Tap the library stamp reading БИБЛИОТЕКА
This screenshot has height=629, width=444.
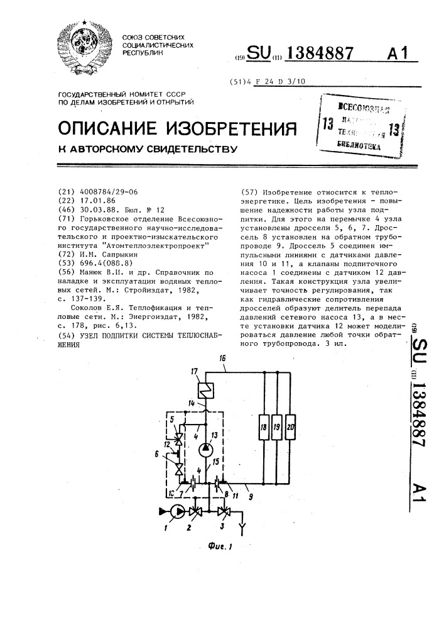[x=359, y=143]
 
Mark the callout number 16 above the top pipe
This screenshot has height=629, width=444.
[x=222, y=358]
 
